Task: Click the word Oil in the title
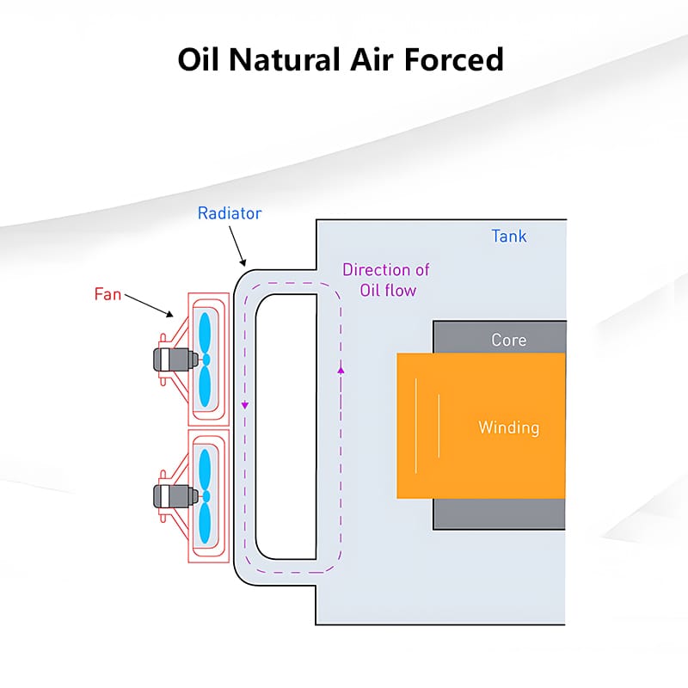[x=200, y=59]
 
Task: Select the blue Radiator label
[x=228, y=212]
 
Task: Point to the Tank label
[x=508, y=236]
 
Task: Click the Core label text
[x=508, y=340]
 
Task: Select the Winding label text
[x=508, y=427]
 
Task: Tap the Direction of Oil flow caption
[x=385, y=279]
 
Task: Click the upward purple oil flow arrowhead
[x=341, y=369]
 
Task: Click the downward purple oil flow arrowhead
[x=245, y=404]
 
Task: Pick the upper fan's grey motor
[x=166, y=359]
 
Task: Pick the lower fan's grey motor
[x=166, y=495]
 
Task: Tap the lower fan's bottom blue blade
[x=205, y=523]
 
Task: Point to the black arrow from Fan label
[x=150, y=305]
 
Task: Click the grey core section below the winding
[x=499, y=513]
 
